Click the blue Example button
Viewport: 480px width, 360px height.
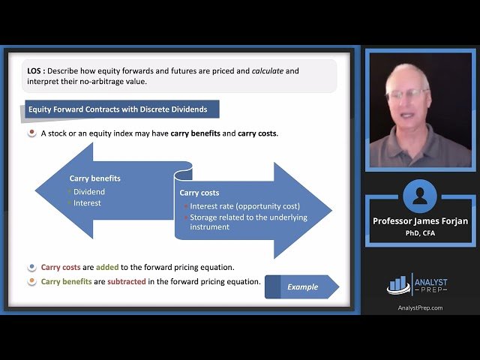(x=301, y=286)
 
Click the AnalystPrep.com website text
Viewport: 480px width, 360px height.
(x=419, y=307)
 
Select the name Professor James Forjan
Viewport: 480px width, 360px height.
(x=419, y=221)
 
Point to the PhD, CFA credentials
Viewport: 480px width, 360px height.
(x=419, y=232)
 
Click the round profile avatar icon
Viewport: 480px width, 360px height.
(x=419, y=196)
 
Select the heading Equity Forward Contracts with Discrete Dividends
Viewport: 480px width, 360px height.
(x=118, y=109)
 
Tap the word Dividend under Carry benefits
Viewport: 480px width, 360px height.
(x=89, y=191)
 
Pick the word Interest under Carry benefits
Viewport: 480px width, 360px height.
(x=87, y=202)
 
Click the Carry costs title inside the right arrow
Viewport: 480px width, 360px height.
(x=199, y=193)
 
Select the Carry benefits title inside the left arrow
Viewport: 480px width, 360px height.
(x=94, y=178)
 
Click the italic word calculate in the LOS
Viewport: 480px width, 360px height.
(x=268, y=71)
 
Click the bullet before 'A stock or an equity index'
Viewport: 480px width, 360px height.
(x=31, y=133)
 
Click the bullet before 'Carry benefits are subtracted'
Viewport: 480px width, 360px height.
(x=31, y=282)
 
